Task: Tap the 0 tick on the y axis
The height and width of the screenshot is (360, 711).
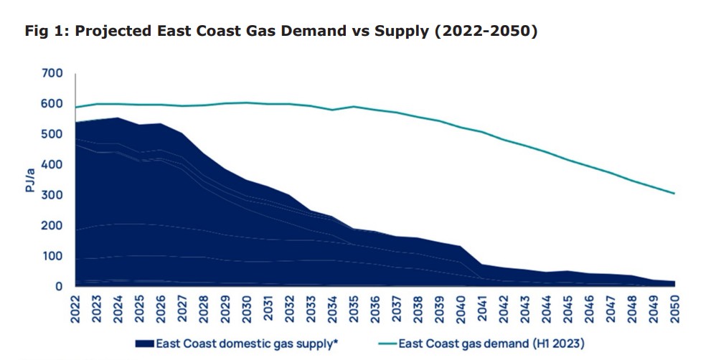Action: point(59,287)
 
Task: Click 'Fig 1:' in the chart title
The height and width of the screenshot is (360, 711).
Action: point(47,32)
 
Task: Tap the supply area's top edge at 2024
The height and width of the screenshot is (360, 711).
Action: point(118,118)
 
